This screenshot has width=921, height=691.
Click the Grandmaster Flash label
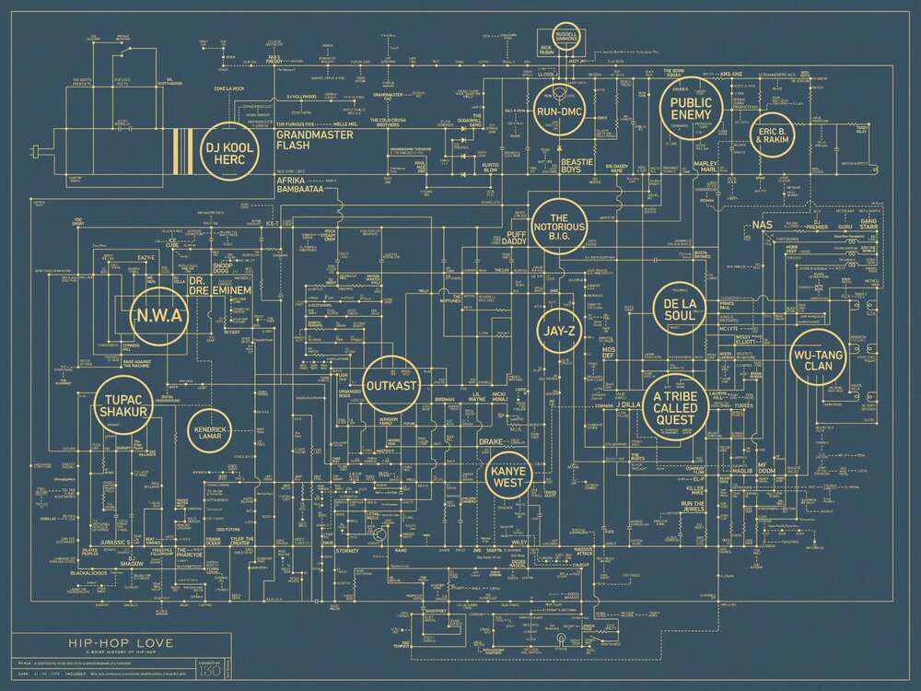pos(308,139)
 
